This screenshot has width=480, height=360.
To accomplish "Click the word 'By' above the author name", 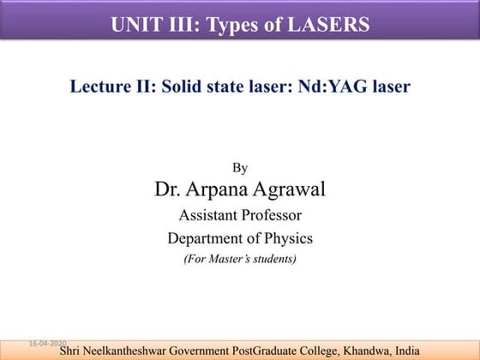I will click(x=240, y=168).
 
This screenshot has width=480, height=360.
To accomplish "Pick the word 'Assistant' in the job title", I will click(x=206, y=215).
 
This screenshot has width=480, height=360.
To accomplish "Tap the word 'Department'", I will click(x=207, y=237).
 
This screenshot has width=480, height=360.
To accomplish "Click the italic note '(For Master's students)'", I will click(x=240, y=258).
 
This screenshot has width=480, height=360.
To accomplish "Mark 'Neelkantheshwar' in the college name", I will click(x=131, y=351).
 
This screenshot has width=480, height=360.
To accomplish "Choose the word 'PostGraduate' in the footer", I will click(x=268, y=351).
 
